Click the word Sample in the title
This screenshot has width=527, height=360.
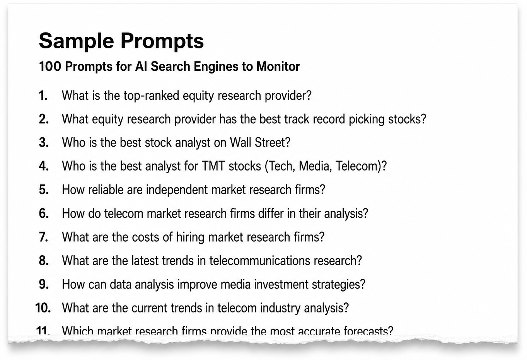[x=77, y=41]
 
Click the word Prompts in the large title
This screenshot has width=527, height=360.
[x=162, y=41]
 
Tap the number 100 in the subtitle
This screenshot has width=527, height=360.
[x=50, y=67]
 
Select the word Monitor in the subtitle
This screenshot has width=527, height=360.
[x=278, y=67]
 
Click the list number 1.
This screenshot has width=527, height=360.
[x=43, y=96]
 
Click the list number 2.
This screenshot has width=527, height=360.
[x=44, y=119]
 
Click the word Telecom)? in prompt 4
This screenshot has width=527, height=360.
[x=361, y=166]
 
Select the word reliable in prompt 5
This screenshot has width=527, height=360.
[x=106, y=189]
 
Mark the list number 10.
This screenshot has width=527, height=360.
[x=43, y=308]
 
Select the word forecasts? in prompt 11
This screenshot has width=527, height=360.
[x=368, y=331]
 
